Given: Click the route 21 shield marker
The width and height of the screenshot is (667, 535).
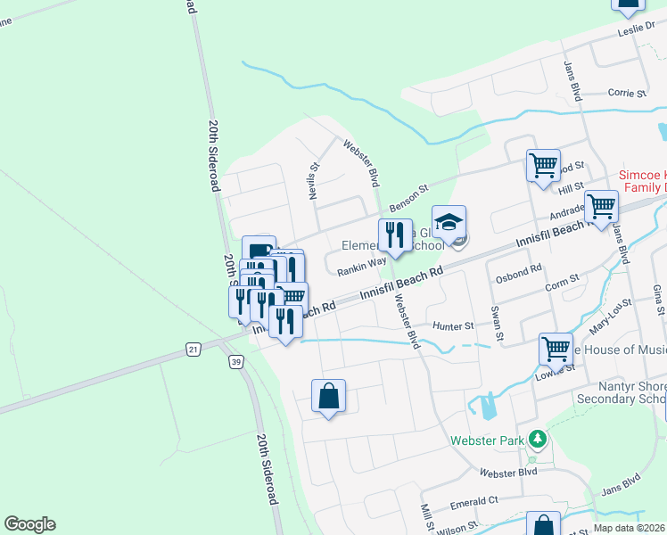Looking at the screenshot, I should pos(194,350).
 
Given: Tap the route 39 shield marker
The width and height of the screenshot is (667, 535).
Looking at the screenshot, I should pos(235,361).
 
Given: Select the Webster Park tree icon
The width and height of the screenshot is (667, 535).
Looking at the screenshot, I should pos(537,439).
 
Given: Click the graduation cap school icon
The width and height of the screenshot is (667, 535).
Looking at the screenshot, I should pos(449,223).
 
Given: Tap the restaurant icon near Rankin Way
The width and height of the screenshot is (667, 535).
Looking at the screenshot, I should pos(395,235).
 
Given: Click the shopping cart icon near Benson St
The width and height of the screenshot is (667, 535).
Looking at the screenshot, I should pos(543,165).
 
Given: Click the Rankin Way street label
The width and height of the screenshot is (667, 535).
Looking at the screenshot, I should pos(361,261).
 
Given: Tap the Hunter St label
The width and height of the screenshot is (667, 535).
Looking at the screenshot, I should pos(453,327).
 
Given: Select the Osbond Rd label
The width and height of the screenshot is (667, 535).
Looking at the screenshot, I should pos(523,268).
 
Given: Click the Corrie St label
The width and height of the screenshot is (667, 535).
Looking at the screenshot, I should pos(627,93).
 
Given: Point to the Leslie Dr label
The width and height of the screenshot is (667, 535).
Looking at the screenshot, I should pos(637,31).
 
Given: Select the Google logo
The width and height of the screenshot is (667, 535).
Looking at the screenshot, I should pos(29,524).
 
